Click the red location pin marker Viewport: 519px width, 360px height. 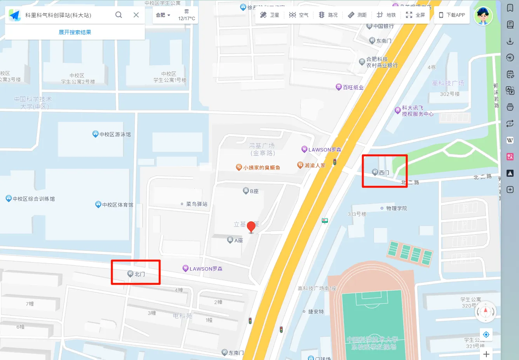click(x=251, y=226)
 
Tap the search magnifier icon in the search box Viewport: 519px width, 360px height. click(x=119, y=15)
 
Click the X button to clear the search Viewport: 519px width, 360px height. click(x=136, y=15)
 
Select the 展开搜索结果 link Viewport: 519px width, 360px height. click(x=75, y=32)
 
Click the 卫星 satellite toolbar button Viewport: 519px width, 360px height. click(x=270, y=15)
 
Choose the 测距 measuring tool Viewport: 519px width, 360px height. click(x=357, y=15)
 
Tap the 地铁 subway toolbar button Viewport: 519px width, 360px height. click(x=386, y=15)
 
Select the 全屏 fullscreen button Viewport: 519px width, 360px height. click(x=415, y=15)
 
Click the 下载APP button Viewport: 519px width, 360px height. click(x=452, y=15)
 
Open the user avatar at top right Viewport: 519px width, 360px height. click(x=483, y=16)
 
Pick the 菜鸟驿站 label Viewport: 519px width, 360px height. click(x=196, y=204)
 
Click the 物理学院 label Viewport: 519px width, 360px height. click(x=396, y=209)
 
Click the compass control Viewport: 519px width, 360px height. click(x=485, y=312)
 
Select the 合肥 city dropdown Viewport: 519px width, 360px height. click(x=163, y=15)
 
